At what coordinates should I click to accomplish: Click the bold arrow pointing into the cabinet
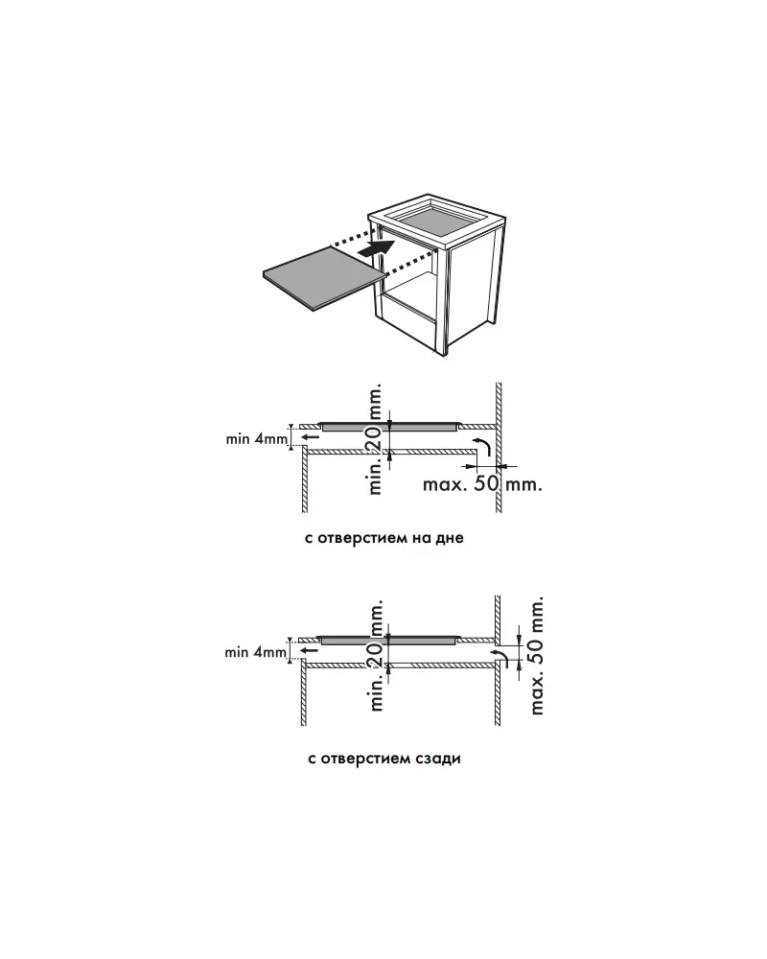[x=376, y=248]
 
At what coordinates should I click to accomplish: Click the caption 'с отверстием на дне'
[x=384, y=538]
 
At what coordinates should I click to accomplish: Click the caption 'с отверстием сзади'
[x=384, y=759]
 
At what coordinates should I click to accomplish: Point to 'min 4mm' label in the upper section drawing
[x=256, y=438]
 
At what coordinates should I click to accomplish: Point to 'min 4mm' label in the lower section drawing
[x=255, y=652]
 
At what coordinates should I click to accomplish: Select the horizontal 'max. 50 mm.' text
[x=482, y=484]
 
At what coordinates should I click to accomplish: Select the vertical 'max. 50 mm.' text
[x=536, y=656]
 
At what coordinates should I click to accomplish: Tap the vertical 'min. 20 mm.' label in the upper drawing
[x=376, y=439]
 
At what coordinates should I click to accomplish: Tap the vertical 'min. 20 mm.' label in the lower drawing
[x=377, y=655]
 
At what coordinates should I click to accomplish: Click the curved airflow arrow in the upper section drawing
[x=482, y=446]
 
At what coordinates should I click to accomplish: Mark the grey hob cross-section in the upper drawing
[x=389, y=427]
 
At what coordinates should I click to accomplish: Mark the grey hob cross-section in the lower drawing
[x=389, y=640]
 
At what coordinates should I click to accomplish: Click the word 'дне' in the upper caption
[x=450, y=539]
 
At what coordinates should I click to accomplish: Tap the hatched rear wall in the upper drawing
[x=499, y=448]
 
